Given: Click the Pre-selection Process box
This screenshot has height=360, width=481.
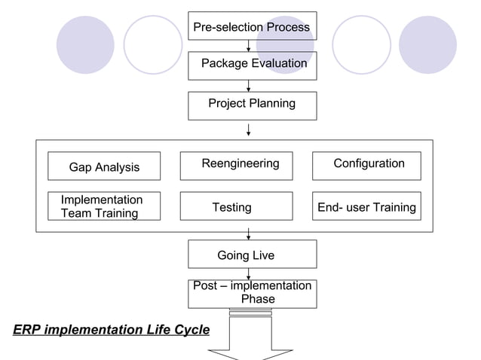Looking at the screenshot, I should (252, 26).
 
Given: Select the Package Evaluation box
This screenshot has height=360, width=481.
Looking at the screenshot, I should (252, 65).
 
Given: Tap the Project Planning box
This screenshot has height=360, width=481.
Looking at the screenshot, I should (252, 105).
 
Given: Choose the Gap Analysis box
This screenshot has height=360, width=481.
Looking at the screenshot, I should (104, 166).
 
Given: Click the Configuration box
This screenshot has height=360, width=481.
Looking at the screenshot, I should (366, 165).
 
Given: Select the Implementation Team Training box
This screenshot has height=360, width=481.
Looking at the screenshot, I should (104, 206).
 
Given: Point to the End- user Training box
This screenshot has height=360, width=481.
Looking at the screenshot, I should (366, 206).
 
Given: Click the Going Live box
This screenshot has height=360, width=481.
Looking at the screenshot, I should (252, 255).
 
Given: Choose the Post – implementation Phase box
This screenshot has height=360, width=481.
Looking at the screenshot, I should (252, 293).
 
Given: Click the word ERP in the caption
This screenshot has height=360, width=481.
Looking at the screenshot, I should (26, 330).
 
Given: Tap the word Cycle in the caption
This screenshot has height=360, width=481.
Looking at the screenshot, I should (191, 330).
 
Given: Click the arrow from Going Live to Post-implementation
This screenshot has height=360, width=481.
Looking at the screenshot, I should (248, 274).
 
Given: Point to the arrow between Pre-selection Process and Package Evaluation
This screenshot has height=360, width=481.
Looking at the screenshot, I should (248, 46).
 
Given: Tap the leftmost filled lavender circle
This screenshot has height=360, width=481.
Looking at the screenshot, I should (85, 44).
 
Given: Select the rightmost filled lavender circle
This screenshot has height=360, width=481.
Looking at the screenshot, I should (427, 44).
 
